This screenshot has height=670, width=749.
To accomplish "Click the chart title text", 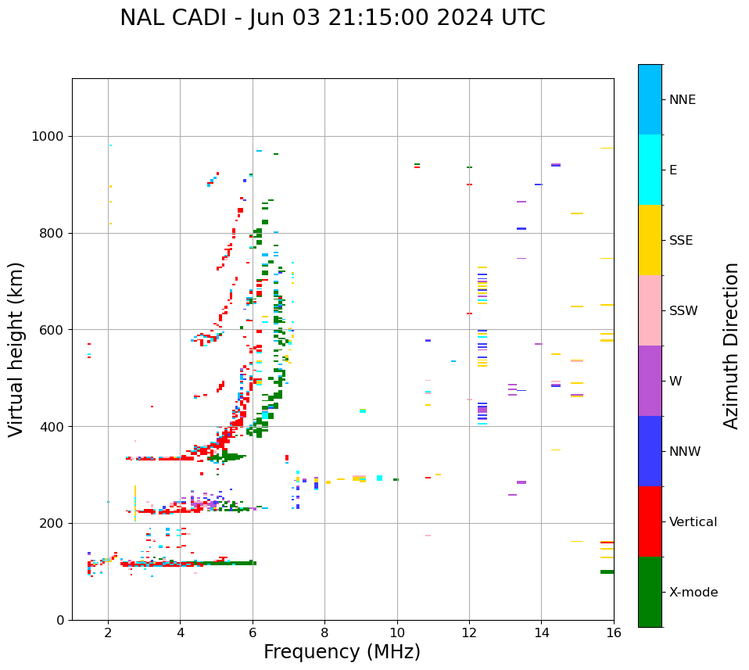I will pyautogui.click(x=332, y=18).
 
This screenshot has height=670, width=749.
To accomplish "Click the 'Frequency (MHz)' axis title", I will pyautogui.click(x=342, y=652).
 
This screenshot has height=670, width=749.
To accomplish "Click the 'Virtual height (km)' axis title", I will pyautogui.click(x=16, y=349).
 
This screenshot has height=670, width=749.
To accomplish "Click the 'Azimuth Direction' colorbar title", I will pyautogui.click(x=731, y=346).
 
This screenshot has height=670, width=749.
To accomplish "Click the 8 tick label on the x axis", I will pyautogui.click(x=324, y=634).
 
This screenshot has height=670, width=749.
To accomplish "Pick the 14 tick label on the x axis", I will pyautogui.click(x=541, y=634).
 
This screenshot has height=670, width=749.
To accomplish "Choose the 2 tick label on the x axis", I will pyautogui.click(x=108, y=634).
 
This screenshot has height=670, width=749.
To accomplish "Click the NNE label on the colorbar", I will pyautogui.click(x=682, y=100).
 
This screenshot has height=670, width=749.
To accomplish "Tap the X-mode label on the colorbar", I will pyautogui.click(x=693, y=593).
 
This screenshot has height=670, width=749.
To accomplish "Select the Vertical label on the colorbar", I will pyautogui.click(x=693, y=522).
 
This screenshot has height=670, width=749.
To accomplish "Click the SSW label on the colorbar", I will pyautogui.click(x=683, y=311).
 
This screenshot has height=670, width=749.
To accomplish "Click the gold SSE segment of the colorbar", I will pyautogui.click(x=650, y=240).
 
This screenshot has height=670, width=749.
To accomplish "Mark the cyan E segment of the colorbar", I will pyautogui.click(x=650, y=170).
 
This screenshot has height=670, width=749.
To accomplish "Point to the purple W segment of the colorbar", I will pyautogui.click(x=650, y=381).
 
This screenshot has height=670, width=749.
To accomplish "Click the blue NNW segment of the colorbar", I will pyautogui.click(x=650, y=451).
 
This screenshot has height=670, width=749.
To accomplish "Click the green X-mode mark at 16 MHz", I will pyautogui.click(x=607, y=571).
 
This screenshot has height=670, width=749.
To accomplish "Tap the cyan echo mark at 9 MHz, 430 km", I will pyautogui.click(x=363, y=410).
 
